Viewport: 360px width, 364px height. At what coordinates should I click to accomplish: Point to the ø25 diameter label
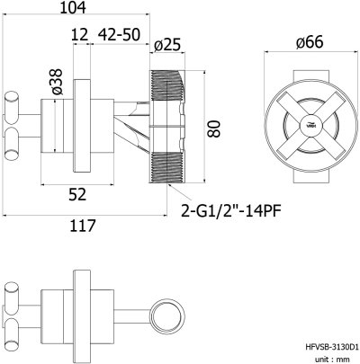(168, 44)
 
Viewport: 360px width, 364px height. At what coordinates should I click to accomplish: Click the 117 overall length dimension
(83, 226)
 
